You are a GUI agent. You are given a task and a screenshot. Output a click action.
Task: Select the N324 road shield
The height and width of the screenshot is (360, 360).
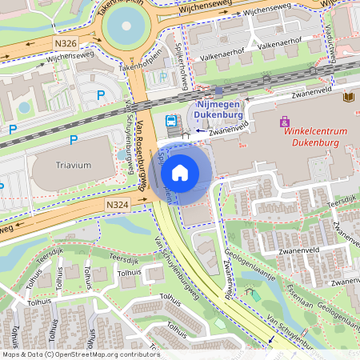click(x=118, y=206)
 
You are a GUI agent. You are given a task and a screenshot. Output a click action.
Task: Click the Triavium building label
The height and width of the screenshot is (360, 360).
click(x=74, y=165)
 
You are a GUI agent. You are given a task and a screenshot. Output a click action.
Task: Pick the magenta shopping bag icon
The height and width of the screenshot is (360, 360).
click(x=284, y=122)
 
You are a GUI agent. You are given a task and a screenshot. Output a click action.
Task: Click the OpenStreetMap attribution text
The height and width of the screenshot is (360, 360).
click(x=80, y=354)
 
